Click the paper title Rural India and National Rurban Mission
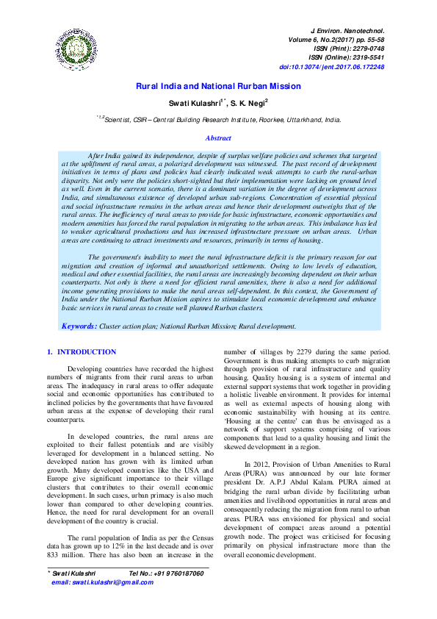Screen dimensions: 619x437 click(x=218, y=86)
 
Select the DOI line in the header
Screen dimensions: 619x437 click(x=342, y=67)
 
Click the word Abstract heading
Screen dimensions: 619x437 click(x=218, y=137)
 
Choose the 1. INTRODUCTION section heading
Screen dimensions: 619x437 click(x=82, y=352)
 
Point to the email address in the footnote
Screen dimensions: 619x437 click(x=103, y=582)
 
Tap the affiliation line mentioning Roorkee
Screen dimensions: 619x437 click(x=218, y=118)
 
